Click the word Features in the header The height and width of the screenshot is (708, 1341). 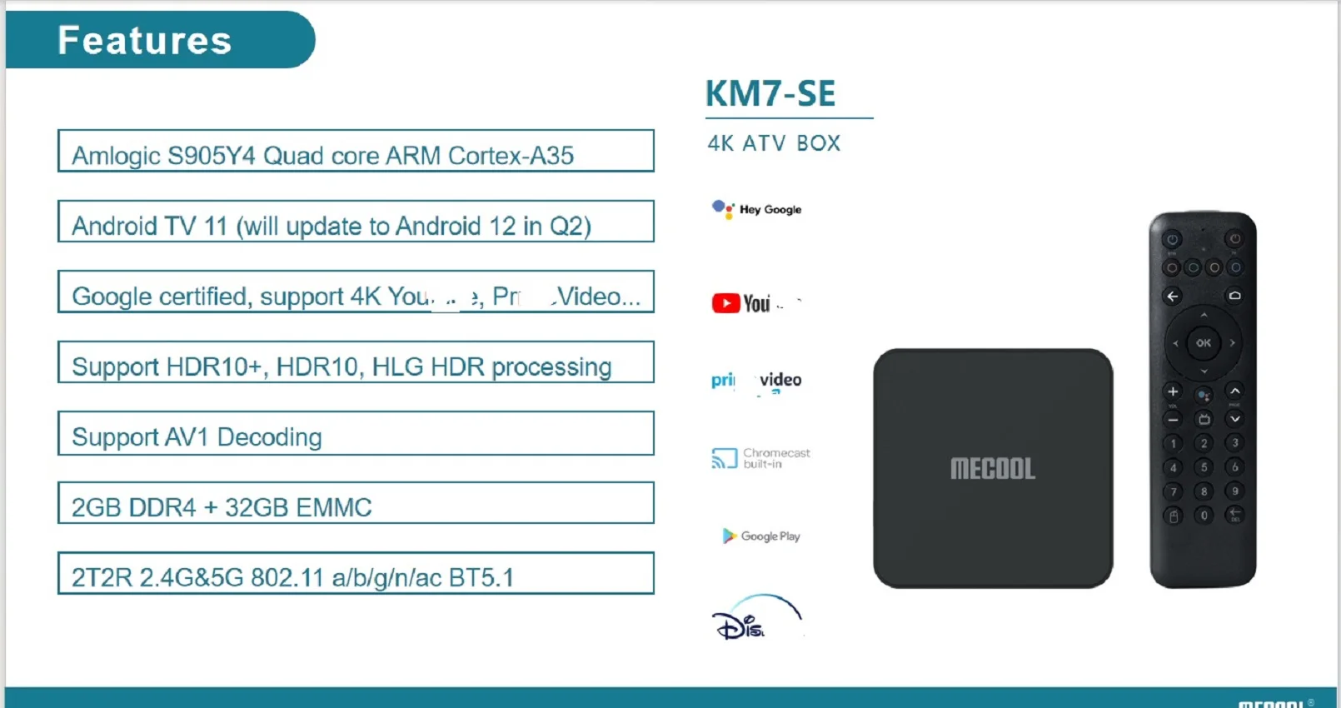click(144, 40)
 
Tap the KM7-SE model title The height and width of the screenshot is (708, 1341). click(770, 93)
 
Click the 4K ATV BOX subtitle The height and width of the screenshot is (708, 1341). click(774, 143)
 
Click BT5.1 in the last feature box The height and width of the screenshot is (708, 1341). click(481, 577)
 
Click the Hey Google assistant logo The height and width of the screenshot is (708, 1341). click(756, 209)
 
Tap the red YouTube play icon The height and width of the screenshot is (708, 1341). click(725, 303)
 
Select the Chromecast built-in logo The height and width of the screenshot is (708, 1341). click(760, 458)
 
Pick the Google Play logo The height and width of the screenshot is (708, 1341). click(760, 536)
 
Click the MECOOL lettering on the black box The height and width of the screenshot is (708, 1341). click(993, 469)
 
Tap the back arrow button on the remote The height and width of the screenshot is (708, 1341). click(1173, 296)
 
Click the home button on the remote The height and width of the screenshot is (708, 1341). click(1234, 296)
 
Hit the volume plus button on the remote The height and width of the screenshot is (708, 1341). click(1173, 391)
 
